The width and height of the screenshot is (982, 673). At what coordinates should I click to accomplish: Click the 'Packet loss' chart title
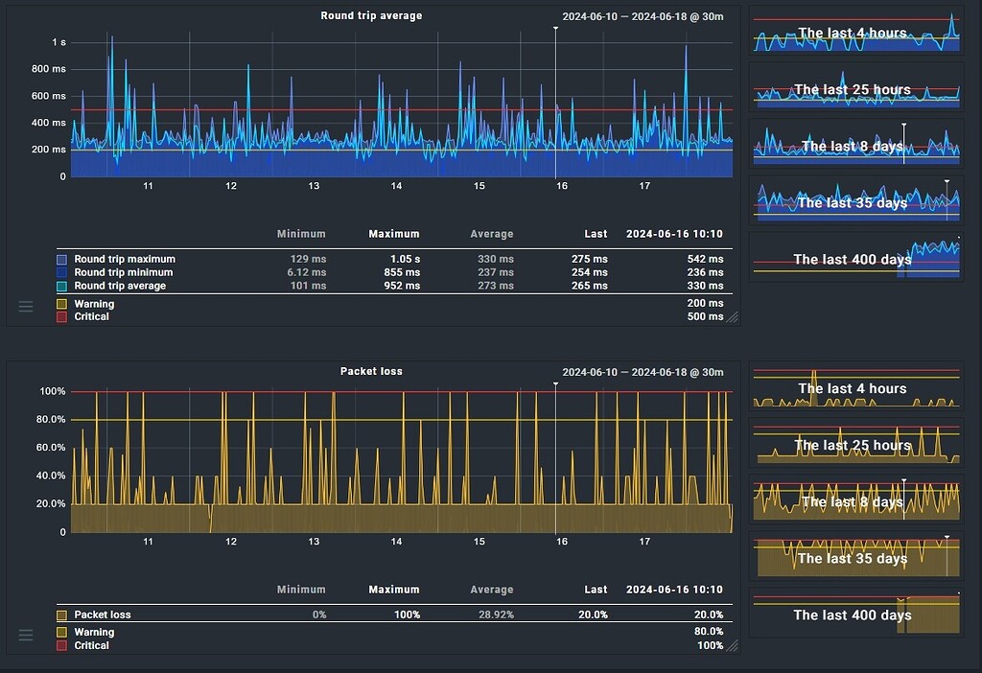coord(371,371)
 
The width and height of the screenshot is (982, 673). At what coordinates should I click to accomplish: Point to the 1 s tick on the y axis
coord(58,42)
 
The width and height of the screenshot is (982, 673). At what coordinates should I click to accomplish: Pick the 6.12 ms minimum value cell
coord(308,272)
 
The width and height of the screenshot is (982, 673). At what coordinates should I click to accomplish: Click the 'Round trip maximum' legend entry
coord(125,259)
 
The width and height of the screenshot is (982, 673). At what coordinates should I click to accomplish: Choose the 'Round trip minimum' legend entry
coord(124,272)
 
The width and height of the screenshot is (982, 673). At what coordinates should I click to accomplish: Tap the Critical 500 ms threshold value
coord(705,316)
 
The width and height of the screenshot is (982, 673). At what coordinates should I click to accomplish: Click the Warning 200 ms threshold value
coord(705,303)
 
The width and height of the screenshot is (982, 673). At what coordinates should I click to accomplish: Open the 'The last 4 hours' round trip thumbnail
coord(855,33)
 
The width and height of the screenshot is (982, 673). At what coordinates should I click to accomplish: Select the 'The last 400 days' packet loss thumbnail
coord(855,615)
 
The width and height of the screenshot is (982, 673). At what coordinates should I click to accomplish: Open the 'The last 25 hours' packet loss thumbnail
coord(855,445)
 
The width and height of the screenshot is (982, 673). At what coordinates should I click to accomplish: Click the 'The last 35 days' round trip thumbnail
coord(855,202)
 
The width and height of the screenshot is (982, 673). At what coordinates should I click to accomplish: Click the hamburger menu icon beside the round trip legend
coord(26,306)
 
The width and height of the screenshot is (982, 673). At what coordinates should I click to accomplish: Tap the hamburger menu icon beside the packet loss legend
coord(26,635)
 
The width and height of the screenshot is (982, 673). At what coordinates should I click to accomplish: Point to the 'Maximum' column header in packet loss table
coord(393,590)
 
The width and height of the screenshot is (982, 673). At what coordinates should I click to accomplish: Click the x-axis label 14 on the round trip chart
coord(396,186)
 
